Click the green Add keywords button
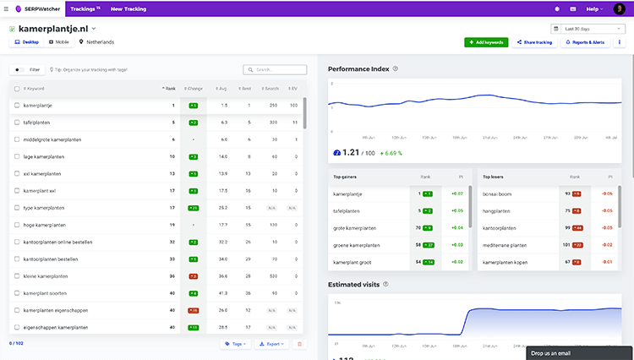coord(485,41)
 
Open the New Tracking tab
coord(129,8)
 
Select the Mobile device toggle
coord(59,41)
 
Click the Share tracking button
coord(533,41)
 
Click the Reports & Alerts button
coord(584,41)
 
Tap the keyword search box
coord(275,69)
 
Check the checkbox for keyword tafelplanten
coord(16,123)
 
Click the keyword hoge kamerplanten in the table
coord(45,225)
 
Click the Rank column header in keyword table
coord(169,88)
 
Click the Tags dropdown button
coord(234,344)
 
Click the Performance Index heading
coord(358,68)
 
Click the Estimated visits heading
coord(354,284)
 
